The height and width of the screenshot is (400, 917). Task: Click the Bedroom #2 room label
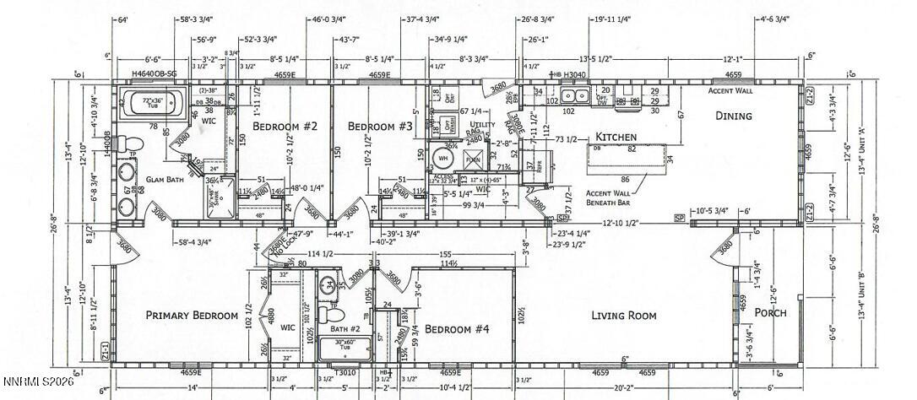click(285, 127)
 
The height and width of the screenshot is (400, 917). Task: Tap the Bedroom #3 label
click(380, 127)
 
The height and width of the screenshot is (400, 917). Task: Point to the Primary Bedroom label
click(192, 316)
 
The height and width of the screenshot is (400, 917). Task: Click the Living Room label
click(623, 316)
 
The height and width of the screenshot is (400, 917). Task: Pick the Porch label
click(770, 312)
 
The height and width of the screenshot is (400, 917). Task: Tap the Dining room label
click(733, 116)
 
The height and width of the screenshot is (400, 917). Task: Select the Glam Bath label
click(165, 179)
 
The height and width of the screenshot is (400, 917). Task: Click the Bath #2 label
click(345, 328)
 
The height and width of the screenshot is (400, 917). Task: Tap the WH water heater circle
click(443, 157)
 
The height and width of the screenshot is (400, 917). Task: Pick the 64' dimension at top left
click(123, 19)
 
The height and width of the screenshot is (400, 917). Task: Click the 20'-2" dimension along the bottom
click(624, 387)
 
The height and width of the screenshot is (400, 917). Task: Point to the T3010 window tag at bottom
click(344, 371)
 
